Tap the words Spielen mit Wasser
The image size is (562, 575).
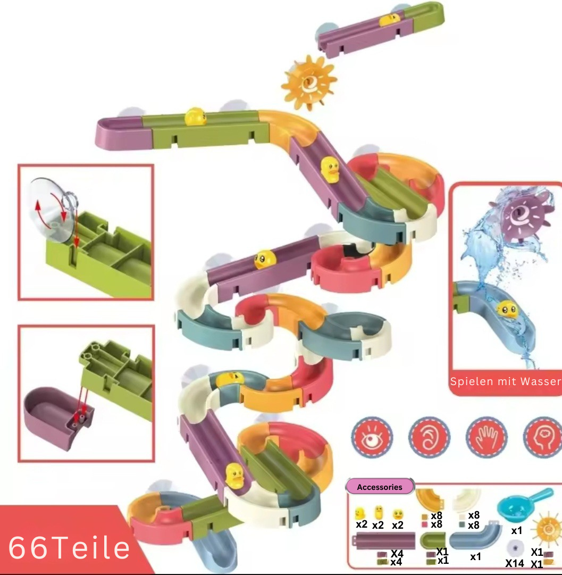point(506,382)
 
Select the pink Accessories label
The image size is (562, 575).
point(380,487)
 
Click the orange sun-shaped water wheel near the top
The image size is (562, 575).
point(309,82)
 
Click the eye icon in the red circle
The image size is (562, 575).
point(372,437)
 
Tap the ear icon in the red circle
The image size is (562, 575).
point(429,437)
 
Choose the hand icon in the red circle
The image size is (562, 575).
point(486,437)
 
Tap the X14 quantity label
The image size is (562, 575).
point(514,563)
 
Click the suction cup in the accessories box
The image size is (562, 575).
point(515,548)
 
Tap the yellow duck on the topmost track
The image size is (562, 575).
point(389,19)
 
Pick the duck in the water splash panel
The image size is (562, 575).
point(508,309)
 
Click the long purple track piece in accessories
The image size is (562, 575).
point(383,540)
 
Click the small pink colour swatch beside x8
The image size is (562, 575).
point(425,525)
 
